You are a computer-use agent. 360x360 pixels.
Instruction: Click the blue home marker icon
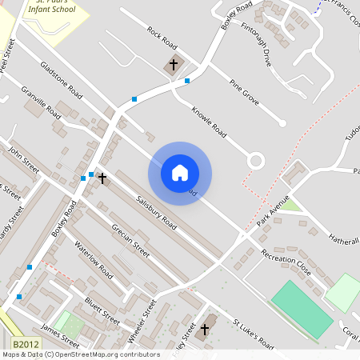(180, 172)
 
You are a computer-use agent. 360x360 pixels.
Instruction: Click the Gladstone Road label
(62, 80)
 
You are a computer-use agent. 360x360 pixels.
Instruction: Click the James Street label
(59, 329)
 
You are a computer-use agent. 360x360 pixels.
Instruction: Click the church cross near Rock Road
(174, 65)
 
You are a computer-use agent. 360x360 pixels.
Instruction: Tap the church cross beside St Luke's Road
(204, 329)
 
